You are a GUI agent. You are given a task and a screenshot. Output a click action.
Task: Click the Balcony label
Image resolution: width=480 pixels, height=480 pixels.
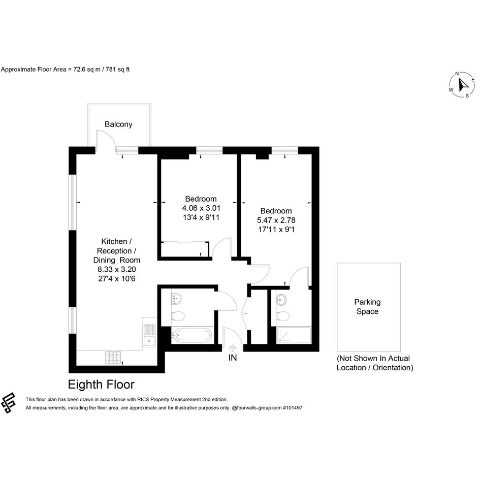[x=118, y=124]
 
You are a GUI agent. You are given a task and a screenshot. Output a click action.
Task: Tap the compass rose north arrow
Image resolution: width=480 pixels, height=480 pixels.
[x=463, y=84]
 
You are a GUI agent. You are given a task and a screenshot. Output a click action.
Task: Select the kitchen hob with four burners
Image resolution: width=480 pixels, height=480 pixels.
[x=113, y=358]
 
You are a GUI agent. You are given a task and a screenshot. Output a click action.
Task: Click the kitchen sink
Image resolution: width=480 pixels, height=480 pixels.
[x=149, y=336]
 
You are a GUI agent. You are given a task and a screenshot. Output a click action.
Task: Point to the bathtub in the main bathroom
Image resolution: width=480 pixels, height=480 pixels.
[x=192, y=335]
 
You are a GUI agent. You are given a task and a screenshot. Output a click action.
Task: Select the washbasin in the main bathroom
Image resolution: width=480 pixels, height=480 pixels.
[x=176, y=298]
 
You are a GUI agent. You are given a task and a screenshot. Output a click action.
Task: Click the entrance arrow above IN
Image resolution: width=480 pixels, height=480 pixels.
[x=233, y=348]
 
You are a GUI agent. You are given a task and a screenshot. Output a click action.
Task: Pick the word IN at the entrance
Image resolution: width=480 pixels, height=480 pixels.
[x=233, y=358]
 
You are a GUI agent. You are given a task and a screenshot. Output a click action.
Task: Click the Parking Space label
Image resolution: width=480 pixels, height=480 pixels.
[x=367, y=307]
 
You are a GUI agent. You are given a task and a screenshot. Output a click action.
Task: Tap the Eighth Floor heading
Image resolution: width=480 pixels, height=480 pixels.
[x=101, y=385]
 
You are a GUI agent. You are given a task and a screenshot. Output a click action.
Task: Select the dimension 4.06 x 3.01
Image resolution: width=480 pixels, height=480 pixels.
[x=201, y=208]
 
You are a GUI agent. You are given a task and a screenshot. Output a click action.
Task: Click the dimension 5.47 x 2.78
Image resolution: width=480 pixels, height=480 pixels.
[x=276, y=220]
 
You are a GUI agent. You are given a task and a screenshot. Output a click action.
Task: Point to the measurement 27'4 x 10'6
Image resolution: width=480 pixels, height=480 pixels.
[x=117, y=279]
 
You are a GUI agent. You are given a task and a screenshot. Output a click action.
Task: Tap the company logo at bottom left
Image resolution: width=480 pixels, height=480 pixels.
[x=8, y=403]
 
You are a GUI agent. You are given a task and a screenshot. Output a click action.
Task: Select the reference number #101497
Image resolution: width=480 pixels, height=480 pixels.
[x=293, y=408]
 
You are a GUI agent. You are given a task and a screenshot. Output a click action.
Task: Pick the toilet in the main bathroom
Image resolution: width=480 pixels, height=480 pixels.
[x=178, y=316]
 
